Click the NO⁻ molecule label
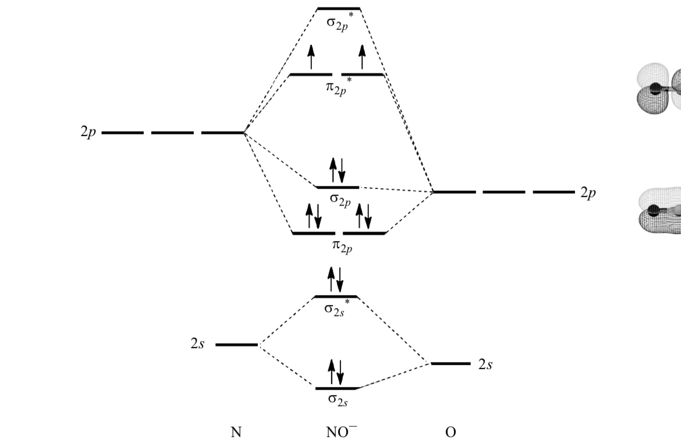point(342,432)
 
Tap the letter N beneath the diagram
point(236,432)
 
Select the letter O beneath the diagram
point(451,432)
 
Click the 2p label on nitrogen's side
point(88,132)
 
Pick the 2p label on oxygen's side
point(588,192)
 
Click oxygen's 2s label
point(485,364)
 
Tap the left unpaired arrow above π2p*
point(311,57)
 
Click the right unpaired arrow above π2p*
point(362,57)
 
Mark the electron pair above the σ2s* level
point(336,279)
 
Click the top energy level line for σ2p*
point(339,9)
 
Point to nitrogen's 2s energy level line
point(236,345)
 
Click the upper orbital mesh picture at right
point(658,89)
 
